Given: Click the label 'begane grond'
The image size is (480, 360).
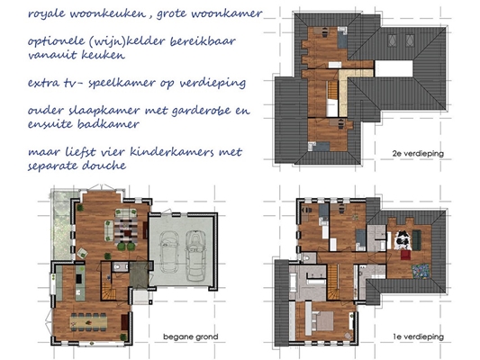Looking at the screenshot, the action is pyautogui.click(x=190, y=337).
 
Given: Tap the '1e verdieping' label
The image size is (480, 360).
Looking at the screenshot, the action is pyautogui.click(x=418, y=337).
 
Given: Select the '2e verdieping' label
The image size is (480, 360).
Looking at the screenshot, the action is pyautogui.click(x=418, y=154).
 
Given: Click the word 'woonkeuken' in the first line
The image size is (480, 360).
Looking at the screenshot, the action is pyautogui.click(x=108, y=13).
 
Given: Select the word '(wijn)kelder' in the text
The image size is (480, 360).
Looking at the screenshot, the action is pyautogui.click(x=126, y=41).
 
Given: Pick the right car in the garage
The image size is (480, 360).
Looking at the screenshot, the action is pyautogui.click(x=195, y=256).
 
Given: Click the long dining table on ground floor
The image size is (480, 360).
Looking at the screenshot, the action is pyautogui.click(x=88, y=322).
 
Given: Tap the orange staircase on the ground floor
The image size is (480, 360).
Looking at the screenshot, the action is pyautogui.click(x=108, y=291).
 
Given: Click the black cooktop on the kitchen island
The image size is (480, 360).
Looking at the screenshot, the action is pyautogui.click(x=79, y=278).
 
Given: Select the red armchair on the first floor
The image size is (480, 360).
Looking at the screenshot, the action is pyautogui.click(x=405, y=255).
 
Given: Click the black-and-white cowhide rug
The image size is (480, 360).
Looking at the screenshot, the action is pyautogui.click(x=403, y=239).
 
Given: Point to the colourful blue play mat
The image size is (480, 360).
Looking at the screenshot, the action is pyautogui.click(x=421, y=271).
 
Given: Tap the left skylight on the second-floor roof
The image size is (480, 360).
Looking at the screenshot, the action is pyautogui.click(x=392, y=40).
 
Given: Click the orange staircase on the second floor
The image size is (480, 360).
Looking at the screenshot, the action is pyautogui.click(x=332, y=90).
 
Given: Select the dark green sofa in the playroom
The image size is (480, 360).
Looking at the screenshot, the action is pyautogui.click(x=416, y=239).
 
